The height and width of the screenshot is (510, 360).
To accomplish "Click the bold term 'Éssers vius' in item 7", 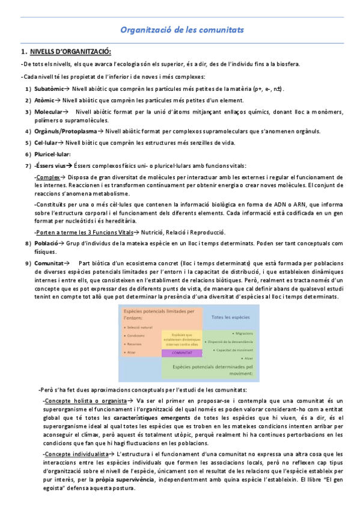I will tap(50, 165).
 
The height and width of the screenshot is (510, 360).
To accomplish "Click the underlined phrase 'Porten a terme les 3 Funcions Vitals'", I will tap(84, 232).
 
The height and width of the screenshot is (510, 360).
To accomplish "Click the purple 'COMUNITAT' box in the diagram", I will tap(182, 353).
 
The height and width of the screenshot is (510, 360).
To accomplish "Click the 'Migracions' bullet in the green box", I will tap(242, 332).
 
